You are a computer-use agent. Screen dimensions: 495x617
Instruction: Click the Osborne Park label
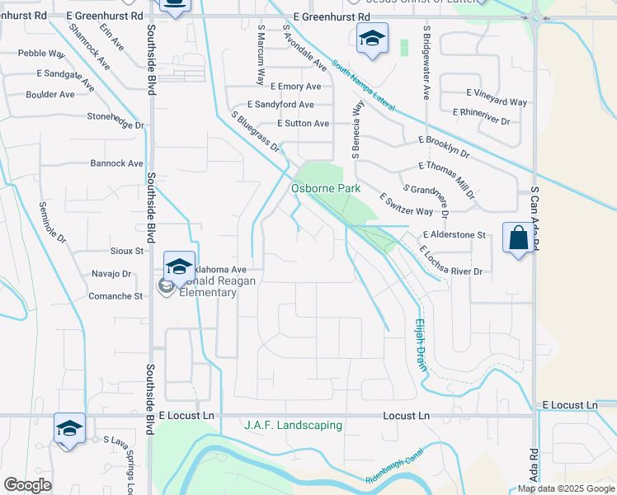pyautogui.click(x=326, y=189)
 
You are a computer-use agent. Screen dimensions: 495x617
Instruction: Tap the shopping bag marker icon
pyautogui.click(x=518, y=238)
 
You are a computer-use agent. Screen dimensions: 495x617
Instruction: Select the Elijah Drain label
pyautogui.click(x=421, y=344)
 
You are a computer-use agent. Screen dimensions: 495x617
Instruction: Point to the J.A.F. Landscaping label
pyautogui.click(x=293, y=426)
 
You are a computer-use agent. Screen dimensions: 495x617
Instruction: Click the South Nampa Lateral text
pyautogui.click(x=364, y=85)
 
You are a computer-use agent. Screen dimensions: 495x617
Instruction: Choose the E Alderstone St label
pyautogui.click(x=455, y=235)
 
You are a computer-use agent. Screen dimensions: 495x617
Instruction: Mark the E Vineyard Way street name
pyautogui.click(x=496, y=102)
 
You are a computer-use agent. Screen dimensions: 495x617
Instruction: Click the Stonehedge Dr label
pyautogui.click(x=115, y=116)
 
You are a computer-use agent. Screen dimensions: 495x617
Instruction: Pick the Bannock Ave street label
pyautogui.click(x=116, y=163)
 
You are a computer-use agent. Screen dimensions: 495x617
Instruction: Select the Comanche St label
pyautogui.click(x=115, y=296)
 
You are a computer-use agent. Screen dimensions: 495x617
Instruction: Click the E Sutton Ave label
pyautogui.click(x=303, y=124)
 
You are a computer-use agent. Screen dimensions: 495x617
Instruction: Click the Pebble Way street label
pyautogui.click(x=41, y=54)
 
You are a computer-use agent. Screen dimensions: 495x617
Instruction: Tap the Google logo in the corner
pyautogui.click(x=27, y=485)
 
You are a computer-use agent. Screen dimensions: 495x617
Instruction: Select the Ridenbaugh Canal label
pyautogui.click(x=393, y=471)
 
